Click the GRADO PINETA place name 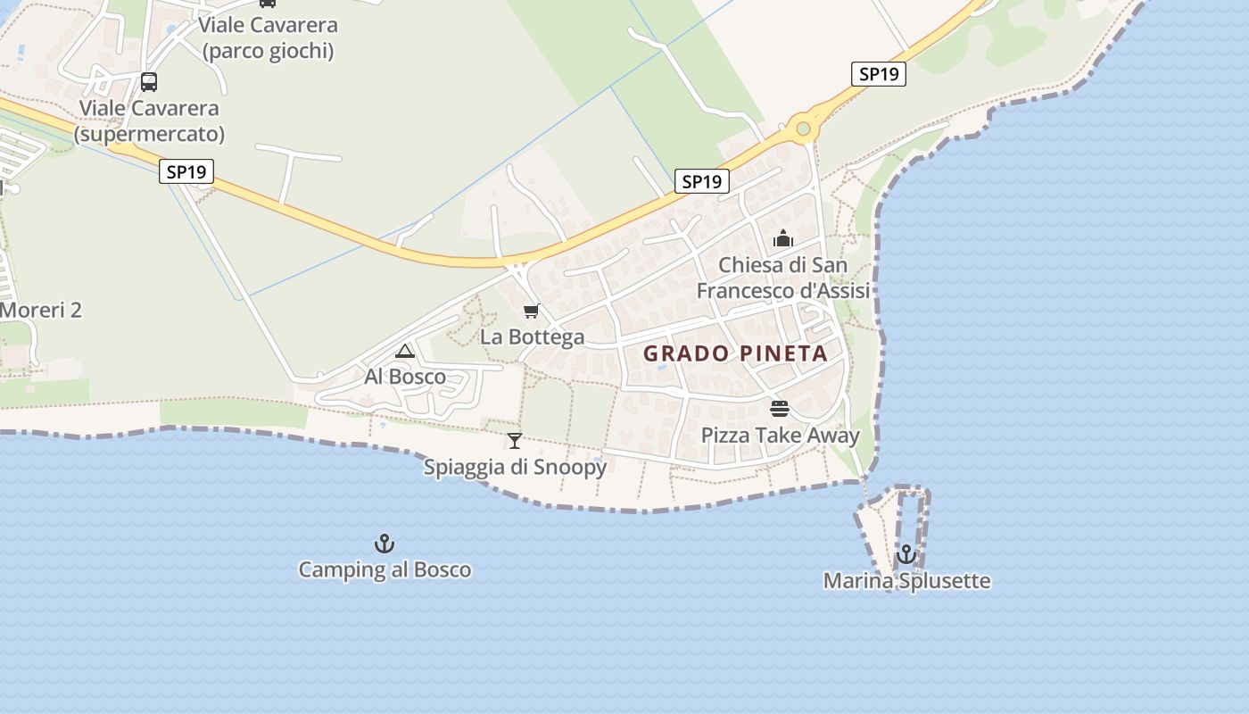(x=735, y=353)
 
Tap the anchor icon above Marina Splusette (x=906, y=554)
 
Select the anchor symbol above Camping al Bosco (x=384, y=544)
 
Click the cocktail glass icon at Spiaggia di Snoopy (x=515, y=440)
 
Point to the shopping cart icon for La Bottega (x=532, y=311)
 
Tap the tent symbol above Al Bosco (x=405, y=351)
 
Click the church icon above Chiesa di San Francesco (x=783, y=238)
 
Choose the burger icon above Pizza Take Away (x=780, y=409)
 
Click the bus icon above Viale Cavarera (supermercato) (x=149, y=82)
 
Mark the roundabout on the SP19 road (x=803, y=129)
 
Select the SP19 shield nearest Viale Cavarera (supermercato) (x=186, y=171)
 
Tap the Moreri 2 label (x=41, y=311)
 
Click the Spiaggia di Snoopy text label (x=515, y=467)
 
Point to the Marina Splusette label (x=906, y=581)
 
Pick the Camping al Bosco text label (x=385, y=569)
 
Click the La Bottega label (x=532, y=337)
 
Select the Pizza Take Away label (x=780, y=436)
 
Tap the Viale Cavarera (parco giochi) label (x=268, y=37)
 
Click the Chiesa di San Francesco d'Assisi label (x=783, y=278)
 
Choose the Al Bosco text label (x=405, y=377)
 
